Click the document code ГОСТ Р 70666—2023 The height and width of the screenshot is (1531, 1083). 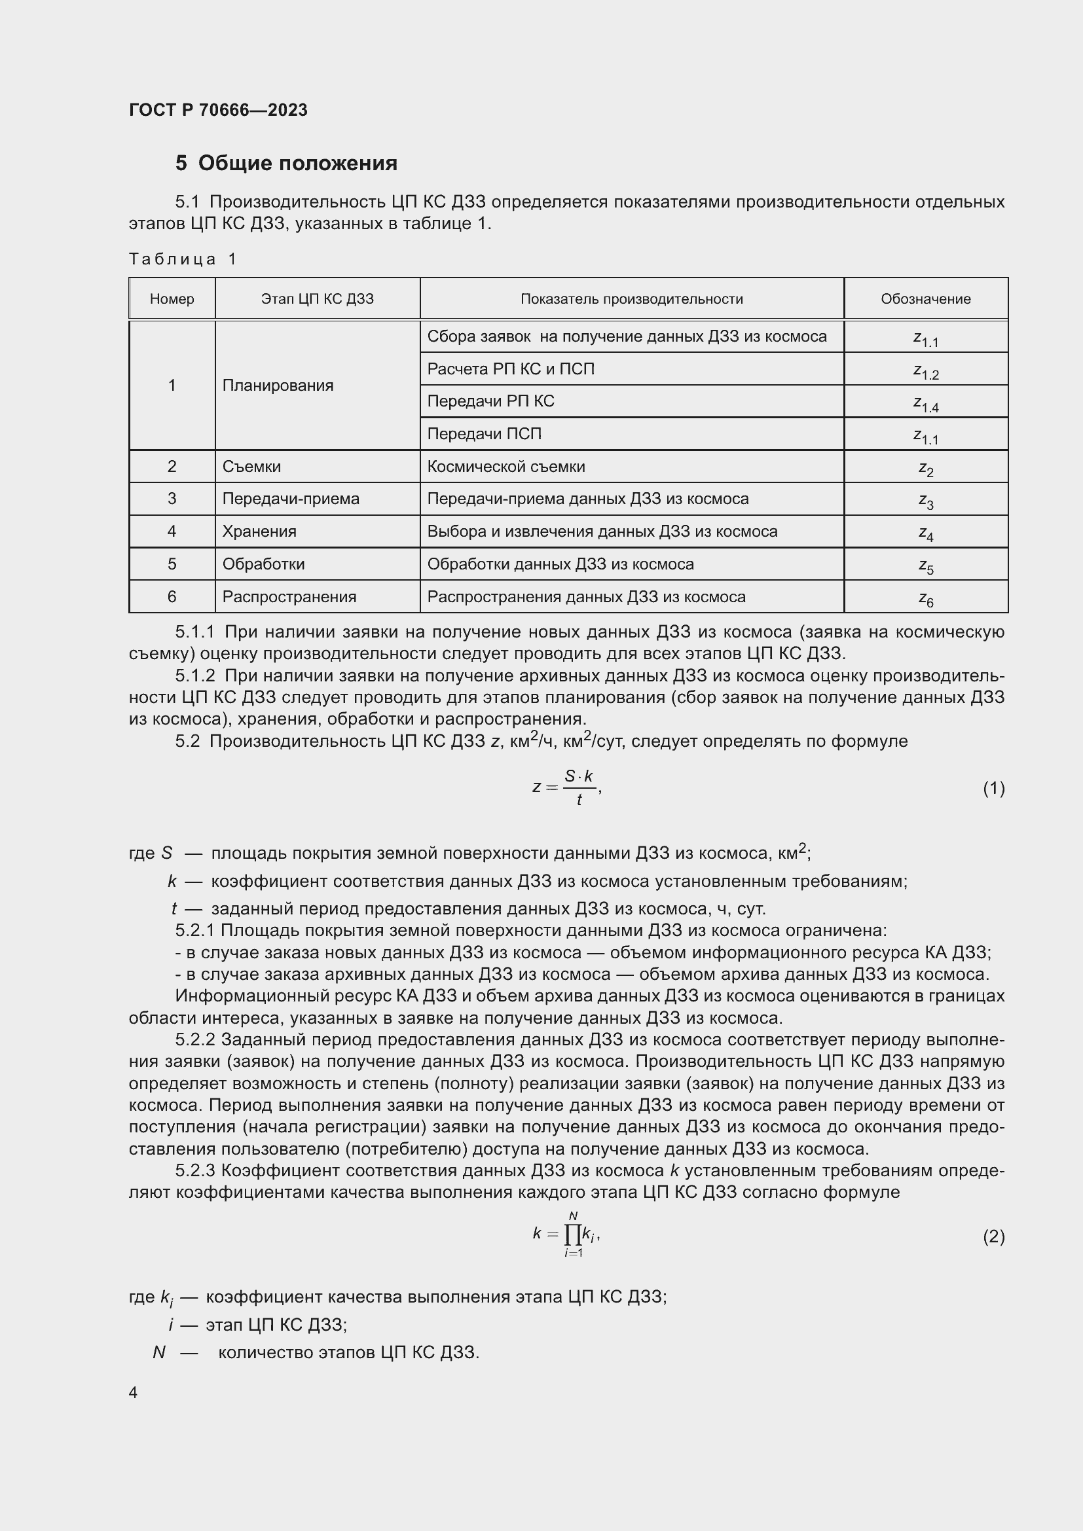[x=218, y=110]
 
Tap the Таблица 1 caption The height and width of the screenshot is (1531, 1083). [x=183, y=259]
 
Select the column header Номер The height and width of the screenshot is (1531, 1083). [x=172, y=298]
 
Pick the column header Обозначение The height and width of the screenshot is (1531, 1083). [x=926, y=298]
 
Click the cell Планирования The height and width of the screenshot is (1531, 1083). [x=278, y=386]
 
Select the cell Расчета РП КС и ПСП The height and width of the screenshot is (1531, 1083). [x=510, y=369]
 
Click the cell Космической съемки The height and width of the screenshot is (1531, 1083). [x=505, y=466]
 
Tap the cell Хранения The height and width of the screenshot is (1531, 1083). [x=259, y=531]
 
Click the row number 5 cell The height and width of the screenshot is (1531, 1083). [x=172, y=564]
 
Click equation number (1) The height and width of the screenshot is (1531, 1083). [x=994, y=788]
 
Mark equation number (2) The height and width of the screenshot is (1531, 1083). [x=994, y=1237]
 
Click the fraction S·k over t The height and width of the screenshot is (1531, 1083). [x=579, y=787]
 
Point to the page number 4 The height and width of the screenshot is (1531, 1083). [x=133, y=1392]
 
